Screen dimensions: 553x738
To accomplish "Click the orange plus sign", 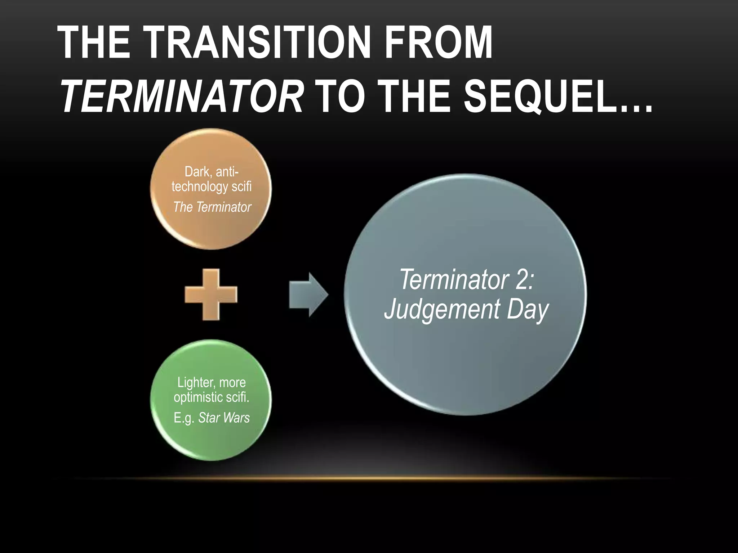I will click(x=211, y=295).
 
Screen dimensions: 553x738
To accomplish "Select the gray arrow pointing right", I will click(x=308, y=295).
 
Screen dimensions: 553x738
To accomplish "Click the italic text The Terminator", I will click(x=212, y=207).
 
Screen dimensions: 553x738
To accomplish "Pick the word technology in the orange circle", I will click(x=200, y=187).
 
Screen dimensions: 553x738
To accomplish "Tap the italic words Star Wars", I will click(x=224, y=418).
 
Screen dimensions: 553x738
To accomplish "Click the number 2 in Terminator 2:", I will click(x=521, y=279).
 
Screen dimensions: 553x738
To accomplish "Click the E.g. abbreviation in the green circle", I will click(x=184, y=418).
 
